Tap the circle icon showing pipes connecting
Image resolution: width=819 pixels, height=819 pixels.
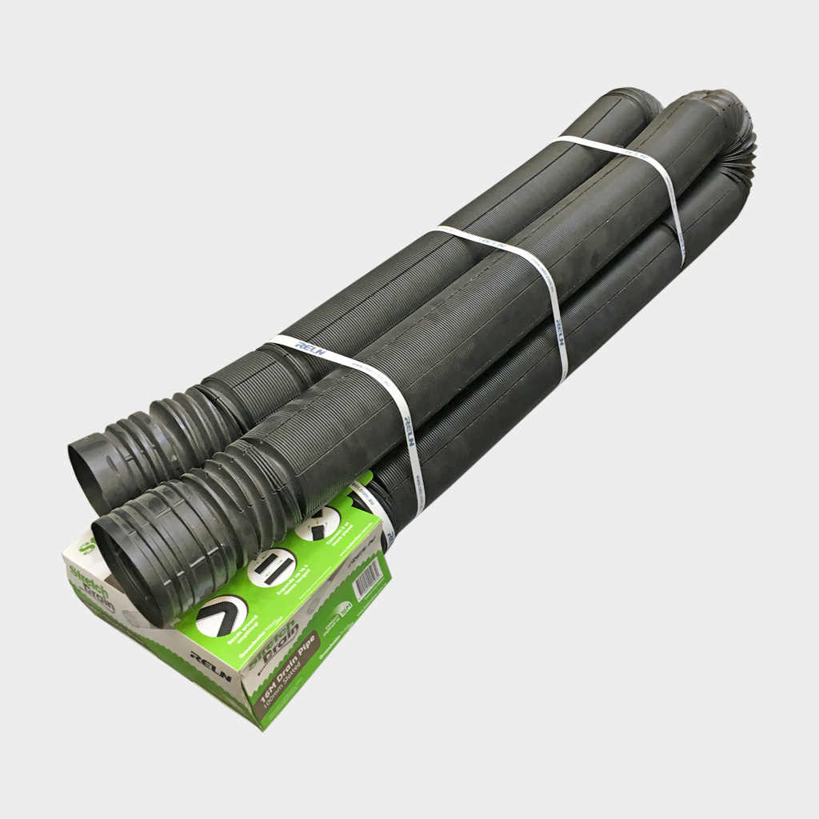[320, 524]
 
